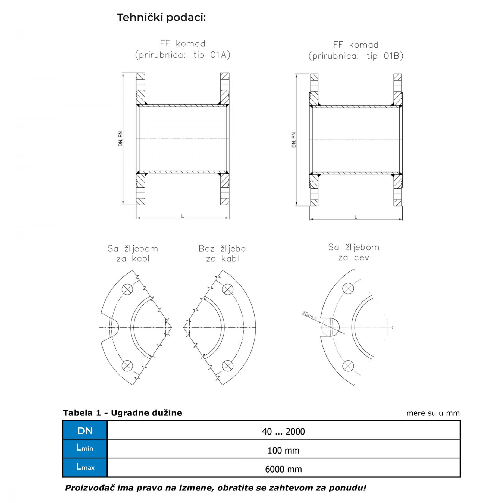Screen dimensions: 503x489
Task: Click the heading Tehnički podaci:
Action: click(x=161, y=18)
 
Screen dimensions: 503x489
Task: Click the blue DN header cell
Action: click(x=85, y=431)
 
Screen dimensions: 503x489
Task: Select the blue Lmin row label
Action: click(x=85, y=449)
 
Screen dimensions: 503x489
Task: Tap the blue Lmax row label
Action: click(x=85, y=468)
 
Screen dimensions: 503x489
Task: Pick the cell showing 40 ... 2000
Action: click(x=283, y=431)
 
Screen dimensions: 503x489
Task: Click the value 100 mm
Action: click(x=283, y=450)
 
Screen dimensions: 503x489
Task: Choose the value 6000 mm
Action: click(x=283, y=469)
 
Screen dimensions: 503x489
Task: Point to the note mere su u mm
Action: click(x=433, y=413)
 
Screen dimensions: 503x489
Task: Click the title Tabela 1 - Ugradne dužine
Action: click(x=123, y=413)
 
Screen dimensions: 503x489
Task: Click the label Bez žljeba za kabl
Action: click(x=222, y=254)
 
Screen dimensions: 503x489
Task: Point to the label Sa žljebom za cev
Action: click(x=354, y=252)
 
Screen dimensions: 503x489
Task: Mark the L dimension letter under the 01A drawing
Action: click(x=183, y=216)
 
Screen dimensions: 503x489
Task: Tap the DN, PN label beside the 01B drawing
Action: click(x=294, y=140)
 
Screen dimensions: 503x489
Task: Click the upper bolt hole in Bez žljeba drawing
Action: click(x=228, y=289)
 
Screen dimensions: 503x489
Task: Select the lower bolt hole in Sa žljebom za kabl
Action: click(x=127, y=366)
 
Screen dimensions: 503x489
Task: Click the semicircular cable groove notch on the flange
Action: click(x=114, y=327)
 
